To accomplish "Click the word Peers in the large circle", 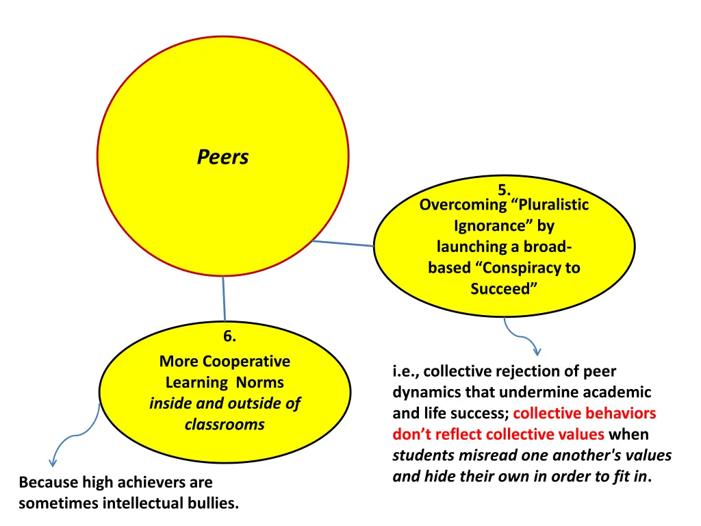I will (222, 158).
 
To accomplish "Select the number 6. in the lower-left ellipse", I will (230, 336).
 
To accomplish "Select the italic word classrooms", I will (225, 425).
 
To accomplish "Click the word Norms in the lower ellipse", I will (259, 383).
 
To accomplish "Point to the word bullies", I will (215, 504).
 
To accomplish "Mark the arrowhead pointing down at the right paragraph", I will (537, 352).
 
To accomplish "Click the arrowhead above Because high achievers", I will (53, 463).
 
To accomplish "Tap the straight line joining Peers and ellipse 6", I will (223, 299).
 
